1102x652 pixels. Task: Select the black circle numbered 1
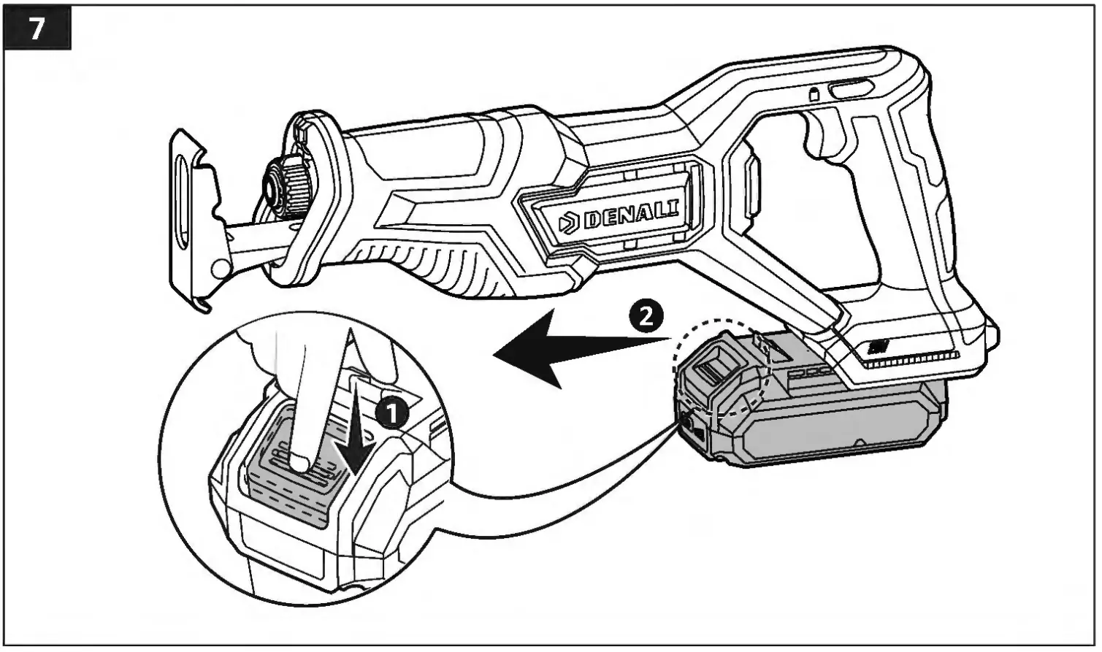click(x=392, y=414)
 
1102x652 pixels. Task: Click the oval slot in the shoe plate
click(x=182, y=212)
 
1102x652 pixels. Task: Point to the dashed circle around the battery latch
click(x=723, y=358)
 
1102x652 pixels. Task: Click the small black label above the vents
click(x=877, y=346)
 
